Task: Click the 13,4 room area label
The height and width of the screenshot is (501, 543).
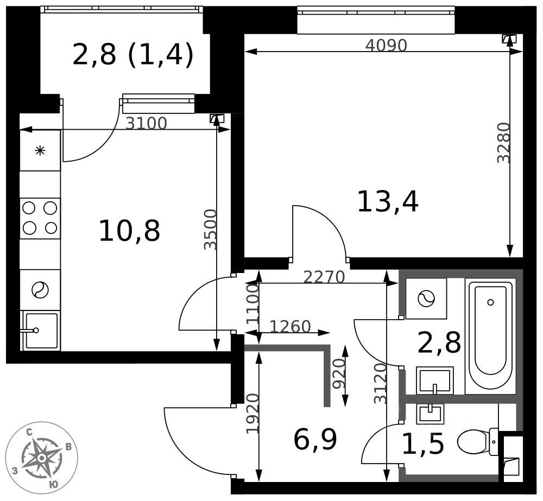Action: [387, 202]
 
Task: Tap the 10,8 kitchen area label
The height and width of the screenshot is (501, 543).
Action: [129, 231]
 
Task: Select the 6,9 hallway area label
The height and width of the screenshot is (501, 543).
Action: [315, 440]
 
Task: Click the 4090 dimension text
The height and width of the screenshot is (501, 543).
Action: [386, 46]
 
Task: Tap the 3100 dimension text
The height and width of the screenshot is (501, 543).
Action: [146, 124]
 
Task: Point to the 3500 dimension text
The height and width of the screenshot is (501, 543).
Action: [210, 229]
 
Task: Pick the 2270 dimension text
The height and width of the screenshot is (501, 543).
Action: [324, 277]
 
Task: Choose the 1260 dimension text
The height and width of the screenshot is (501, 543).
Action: [290, 327]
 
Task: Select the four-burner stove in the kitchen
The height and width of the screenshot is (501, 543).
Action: [40, 218]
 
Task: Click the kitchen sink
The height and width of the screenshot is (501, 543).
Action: [40, 330]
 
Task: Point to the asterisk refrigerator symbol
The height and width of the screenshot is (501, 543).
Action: [40, 151]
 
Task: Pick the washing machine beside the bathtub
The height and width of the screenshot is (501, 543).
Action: [426, 298]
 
